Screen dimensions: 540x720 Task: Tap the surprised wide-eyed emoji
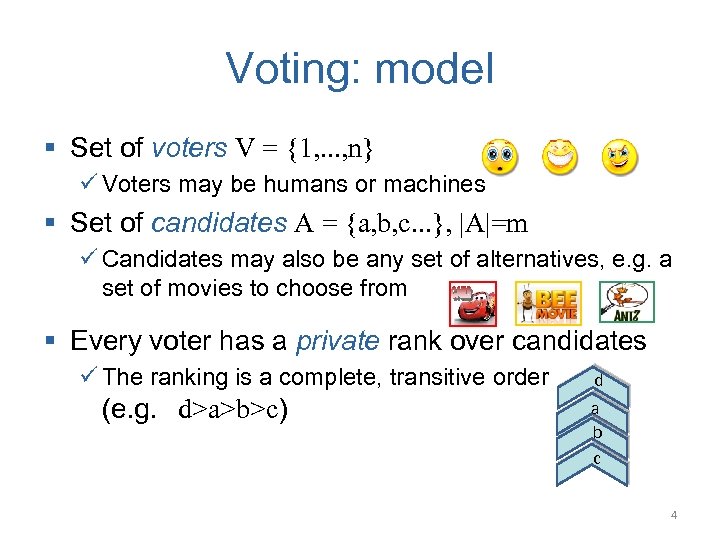click(500, 158)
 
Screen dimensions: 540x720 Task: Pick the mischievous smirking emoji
click(620, 157)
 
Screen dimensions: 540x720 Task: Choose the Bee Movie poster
click(547, 303)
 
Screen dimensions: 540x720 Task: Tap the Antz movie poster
click(626, 302)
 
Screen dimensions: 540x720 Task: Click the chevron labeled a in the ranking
click(597, 410)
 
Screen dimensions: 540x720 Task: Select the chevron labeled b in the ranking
click(597, 434)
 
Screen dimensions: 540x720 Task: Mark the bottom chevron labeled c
click(597, 459)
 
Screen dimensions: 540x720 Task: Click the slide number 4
click(674, 515)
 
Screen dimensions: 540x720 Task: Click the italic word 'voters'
click(189, 149)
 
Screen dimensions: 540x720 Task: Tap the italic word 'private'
click(337, 341)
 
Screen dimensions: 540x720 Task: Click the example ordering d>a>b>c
click(232, 410)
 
